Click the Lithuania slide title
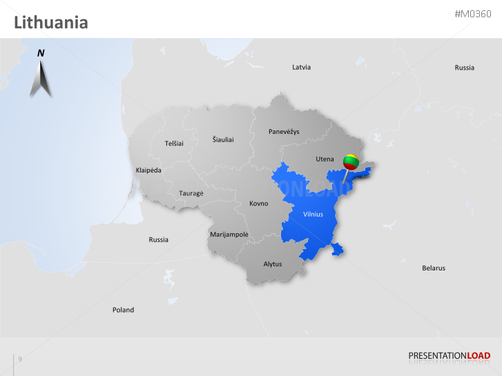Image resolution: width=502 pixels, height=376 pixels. [51, 23]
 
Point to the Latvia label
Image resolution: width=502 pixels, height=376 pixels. [301, 67]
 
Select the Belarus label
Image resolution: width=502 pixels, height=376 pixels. [434, 268]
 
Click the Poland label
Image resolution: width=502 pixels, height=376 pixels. [123, 310]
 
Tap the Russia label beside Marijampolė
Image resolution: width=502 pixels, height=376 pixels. [158, 239]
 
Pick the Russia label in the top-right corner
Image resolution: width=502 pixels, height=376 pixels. [464, 67]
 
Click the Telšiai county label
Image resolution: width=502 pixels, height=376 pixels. [174, 143]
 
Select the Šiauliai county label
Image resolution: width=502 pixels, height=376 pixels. [223, 139]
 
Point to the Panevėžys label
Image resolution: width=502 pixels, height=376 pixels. [284, 131]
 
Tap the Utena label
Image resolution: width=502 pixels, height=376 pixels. [325, 159]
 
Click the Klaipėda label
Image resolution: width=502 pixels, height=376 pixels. [148, 169]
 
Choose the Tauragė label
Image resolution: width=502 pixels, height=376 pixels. [191, 193]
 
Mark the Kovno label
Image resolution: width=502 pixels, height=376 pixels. [258, 204]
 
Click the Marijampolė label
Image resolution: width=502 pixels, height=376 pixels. [229, 234]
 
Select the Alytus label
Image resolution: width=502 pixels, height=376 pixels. [273, 264]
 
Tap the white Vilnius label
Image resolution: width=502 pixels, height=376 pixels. [313, 214]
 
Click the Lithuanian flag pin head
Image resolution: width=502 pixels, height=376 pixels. [351, 162]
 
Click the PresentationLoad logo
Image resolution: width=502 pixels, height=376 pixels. [449, 356]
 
